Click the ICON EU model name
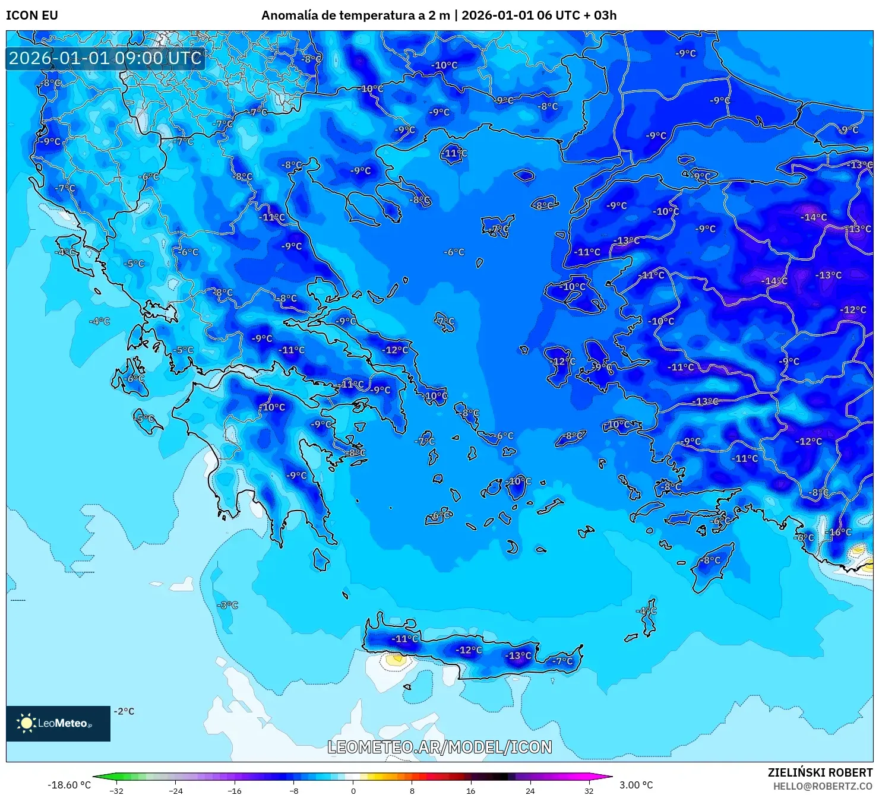coord(32,15)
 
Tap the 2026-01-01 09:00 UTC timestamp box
coord(105,58)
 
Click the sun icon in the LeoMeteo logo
coord(26,723)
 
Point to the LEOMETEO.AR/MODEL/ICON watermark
coord(439,747)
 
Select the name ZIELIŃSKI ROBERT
coord(820,772)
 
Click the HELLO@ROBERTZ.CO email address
coord(823,786)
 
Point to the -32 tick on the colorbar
coord(116,790)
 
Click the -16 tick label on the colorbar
coord(235,790)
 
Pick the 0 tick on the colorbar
coord(353,790)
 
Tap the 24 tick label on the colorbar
coord(530,790)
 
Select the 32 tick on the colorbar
coord(589,790)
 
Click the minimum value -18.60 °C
coord(69,785)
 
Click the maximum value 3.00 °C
coord(636,785)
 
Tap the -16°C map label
coord(840,532)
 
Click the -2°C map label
coord(124,711)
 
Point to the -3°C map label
coord(228,605)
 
